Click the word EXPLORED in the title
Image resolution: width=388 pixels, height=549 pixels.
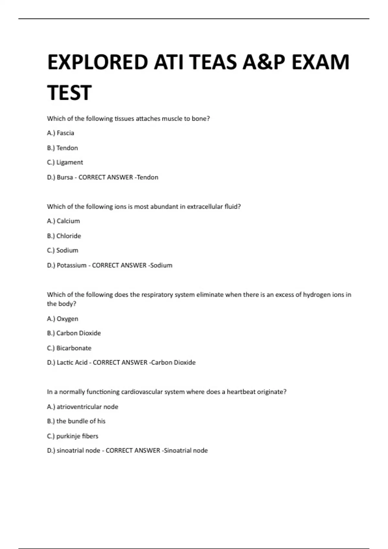click(97, 62)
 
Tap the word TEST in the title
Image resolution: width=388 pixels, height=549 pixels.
click(69, 93)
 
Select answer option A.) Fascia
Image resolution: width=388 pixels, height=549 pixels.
click(60, 133)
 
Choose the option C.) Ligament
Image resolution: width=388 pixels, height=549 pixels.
click(65, 162)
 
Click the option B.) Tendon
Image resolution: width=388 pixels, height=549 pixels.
click(62, 148)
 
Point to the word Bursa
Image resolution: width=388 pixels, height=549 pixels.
click(65, 177)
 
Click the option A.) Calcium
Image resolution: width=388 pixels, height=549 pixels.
click(63, 221)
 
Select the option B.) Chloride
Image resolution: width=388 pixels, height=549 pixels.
click(64, 236)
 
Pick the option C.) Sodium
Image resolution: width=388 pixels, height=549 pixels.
click(62, 251)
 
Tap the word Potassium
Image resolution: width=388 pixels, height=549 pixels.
click(71, 265)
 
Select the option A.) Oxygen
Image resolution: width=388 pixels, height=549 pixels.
click(62, 319)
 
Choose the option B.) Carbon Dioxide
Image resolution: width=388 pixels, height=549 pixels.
click(74, 333)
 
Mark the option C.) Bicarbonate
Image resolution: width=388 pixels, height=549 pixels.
click(69, 348)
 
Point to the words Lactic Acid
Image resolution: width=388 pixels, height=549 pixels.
click(72, 363)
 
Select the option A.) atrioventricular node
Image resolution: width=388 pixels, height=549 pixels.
click(82, 407)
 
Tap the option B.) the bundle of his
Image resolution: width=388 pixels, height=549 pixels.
click(76, 421)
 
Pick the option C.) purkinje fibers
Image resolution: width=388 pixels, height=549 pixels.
click(72, 436)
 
